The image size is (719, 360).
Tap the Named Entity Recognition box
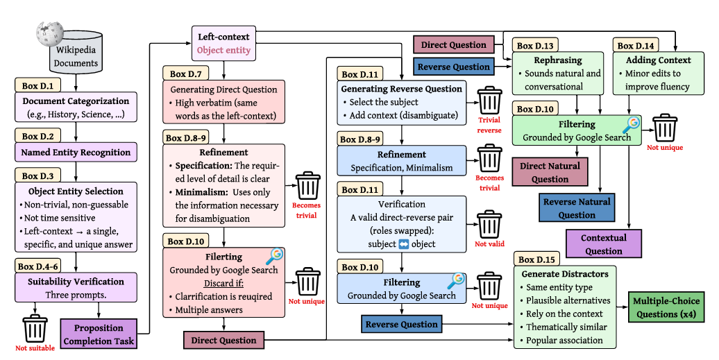click(76, 152)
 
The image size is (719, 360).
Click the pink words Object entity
click(223, 51)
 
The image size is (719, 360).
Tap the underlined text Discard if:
click(222, 284)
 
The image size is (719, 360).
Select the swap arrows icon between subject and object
click(405, 244)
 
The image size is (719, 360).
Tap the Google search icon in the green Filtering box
click(631, 124)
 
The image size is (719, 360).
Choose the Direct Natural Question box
click(550, 171)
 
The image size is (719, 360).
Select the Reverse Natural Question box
click(577, 208)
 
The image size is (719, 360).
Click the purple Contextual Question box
click(603, 243)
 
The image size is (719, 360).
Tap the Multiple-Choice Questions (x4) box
click(666, 307)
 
